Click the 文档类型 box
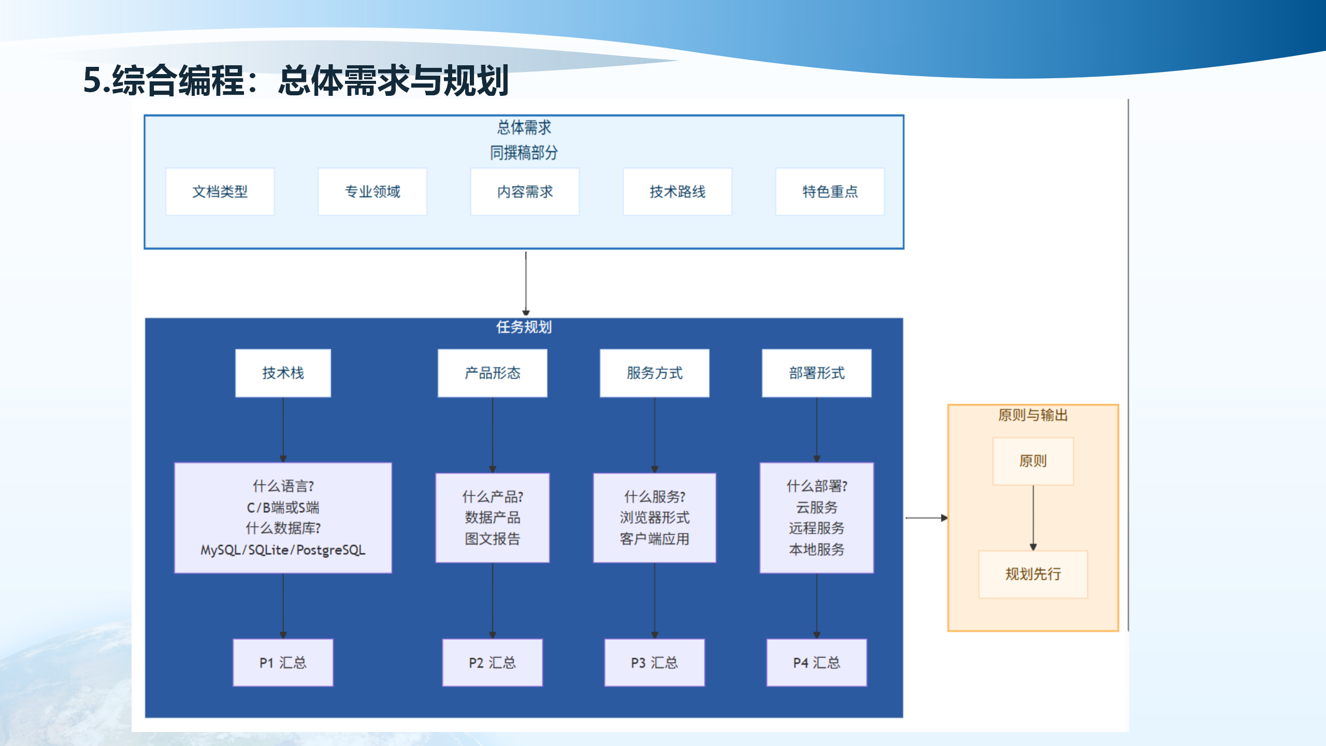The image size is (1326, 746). [220, 192]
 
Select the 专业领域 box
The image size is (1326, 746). [372, 192]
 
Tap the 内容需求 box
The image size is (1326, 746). [525, 192]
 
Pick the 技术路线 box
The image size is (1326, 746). [678, 192]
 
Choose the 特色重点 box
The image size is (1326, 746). [830, 192]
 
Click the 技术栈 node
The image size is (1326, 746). [283, 373]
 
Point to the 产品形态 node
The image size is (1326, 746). [492, 373]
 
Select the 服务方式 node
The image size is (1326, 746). [654, 373]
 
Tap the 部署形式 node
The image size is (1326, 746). [816, 373]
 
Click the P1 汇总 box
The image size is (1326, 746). [283, 663]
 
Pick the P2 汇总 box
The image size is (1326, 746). [492, 663]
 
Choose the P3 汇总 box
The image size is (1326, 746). [654, 663]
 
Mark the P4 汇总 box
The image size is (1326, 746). [816, 663]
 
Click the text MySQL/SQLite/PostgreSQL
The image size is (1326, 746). [283, 550]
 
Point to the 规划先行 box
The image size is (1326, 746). [1033, 574]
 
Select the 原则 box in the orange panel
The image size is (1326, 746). [1033, 461]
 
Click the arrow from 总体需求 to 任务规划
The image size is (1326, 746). [526, 283]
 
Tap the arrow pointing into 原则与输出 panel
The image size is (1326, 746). [926, 518]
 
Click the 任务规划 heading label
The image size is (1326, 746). [524, 327]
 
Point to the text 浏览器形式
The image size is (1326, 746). [654, 518]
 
